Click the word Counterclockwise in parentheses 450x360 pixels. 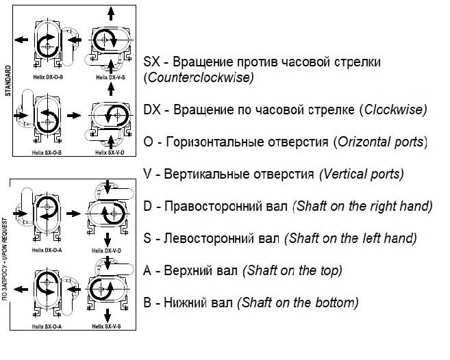tap(199, 77)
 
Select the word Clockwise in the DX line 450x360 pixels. tap(394, 110)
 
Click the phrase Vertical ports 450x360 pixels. tap(360, 174)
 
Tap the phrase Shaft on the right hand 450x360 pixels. tap(362, 206)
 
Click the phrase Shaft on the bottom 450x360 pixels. tap(299, 303)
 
